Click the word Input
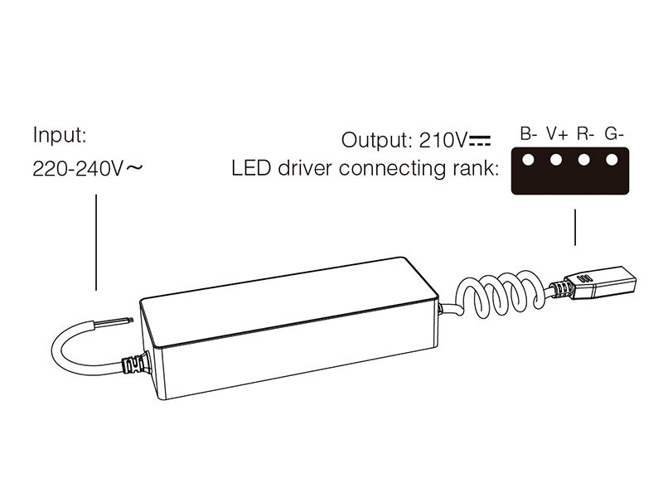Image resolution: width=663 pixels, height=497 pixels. pos(59,135)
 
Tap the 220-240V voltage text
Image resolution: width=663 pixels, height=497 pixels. pos(77,170)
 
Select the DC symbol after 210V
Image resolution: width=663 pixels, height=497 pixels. pos(480,138)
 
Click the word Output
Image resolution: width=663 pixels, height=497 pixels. pos(373,138)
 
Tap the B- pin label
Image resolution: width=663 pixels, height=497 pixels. pos(529,133)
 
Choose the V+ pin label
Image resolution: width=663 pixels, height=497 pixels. pos(557,133)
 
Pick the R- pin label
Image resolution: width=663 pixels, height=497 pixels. pos(586,133)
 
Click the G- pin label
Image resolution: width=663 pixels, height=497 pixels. pos(614,133)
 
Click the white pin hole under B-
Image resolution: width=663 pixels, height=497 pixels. pos(528,159)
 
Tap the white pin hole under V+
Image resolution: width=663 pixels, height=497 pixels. pos(557,159)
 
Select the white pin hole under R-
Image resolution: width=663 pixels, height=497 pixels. pos(585,159)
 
